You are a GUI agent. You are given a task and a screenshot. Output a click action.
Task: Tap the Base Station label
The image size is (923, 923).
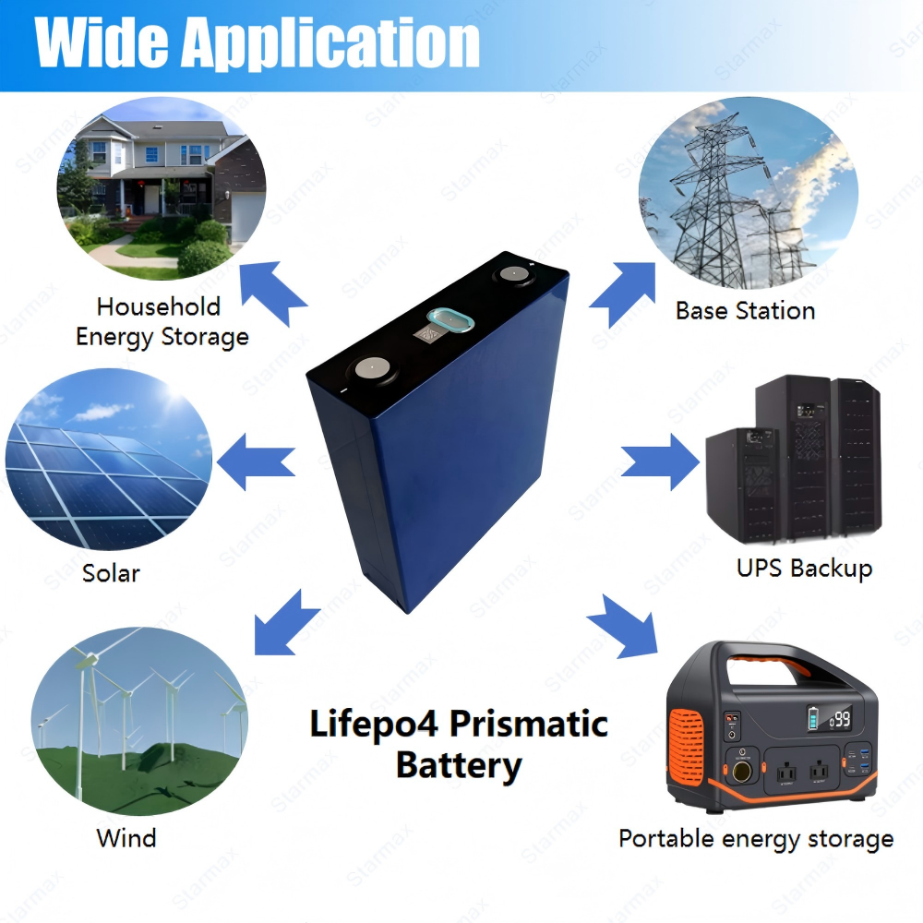[745, 310]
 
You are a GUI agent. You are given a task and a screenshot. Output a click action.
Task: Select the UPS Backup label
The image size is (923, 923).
[804, 569]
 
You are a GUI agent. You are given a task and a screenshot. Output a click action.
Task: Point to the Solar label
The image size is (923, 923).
[112, 573]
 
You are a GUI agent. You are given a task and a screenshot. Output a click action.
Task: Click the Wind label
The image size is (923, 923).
[126, 838]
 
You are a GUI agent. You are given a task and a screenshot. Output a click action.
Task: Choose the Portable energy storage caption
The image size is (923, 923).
[757, 839]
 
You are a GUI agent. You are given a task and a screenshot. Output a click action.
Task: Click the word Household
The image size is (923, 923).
[159, 306]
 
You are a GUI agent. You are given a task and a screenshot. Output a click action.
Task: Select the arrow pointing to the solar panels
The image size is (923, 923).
[256, 461]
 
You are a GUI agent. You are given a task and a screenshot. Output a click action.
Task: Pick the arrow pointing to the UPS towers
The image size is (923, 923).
[661, 461]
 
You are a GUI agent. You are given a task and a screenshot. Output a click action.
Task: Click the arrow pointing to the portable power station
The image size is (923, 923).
[623, 627]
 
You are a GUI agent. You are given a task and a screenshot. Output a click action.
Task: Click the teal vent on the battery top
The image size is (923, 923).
[450, 321]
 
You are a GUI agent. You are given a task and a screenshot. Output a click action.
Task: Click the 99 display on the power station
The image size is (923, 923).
[840, 719]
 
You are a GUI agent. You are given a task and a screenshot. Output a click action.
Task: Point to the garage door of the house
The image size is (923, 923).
[247, 215]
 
